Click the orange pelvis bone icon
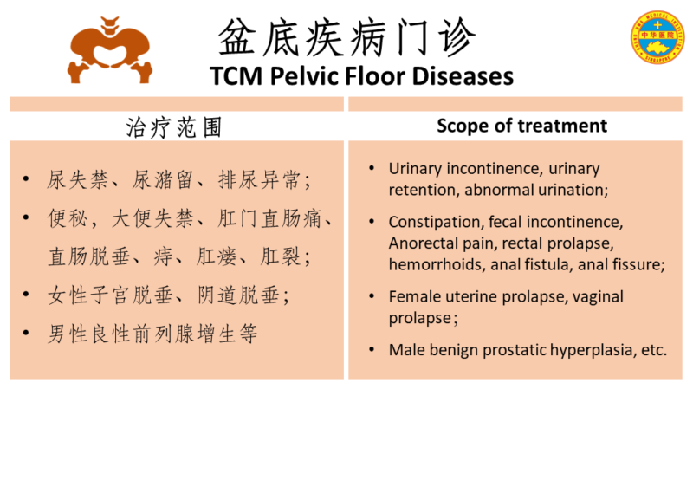coord(110,50)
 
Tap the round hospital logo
coord(657,37)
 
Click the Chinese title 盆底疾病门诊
coord(347,37)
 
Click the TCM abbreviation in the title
coord(236,76)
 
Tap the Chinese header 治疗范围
coord(174,127)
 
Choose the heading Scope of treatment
coord(522,126)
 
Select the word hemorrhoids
coord(436,264)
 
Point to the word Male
coord(406,350)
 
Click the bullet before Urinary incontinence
coord(372,168)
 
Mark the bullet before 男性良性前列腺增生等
coord(26,333)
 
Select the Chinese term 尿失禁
coord(77,180)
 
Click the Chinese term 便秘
coord(68,218)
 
